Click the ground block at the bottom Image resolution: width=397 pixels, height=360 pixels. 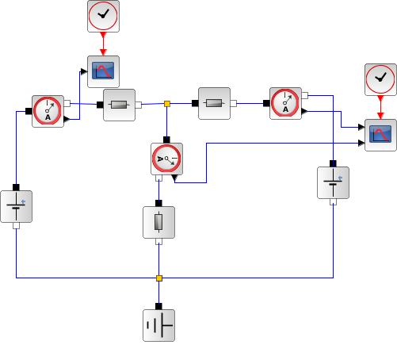[x=158, y=325]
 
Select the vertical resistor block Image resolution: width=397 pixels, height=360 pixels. [x=158, y=222]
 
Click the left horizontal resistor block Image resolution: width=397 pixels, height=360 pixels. [x=119, y=105]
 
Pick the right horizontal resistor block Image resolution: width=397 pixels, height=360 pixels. [x=214, y=103]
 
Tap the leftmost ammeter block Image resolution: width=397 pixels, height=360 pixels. [x=48, y=111]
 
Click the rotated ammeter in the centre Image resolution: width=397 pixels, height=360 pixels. [x=166, y=159]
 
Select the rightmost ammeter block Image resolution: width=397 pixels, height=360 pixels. [x=285, y=103]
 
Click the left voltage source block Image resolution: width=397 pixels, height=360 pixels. [x=17, y=206]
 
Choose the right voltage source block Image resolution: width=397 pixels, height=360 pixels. [x=333, y=182]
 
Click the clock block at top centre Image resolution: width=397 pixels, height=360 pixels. [x=103, y=16]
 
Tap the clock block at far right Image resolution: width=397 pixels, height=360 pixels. [x=380, y=79]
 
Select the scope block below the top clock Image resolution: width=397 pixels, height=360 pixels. [x=103, y=71]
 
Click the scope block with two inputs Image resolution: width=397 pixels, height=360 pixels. [x=380, y=135]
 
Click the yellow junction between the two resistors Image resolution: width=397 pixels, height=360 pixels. [x=167, y=104]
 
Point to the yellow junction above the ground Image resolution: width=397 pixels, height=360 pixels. [x=159, y=278]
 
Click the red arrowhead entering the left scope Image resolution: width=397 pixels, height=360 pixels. [x=103, y=52]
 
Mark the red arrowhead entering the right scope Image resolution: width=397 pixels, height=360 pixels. [x=380, y=116]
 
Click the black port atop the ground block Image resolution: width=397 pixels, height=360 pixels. [x=158, y=306]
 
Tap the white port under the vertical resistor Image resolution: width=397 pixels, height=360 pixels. [x=158, y=242]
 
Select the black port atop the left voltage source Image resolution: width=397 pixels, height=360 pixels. [x=16, y=187]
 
